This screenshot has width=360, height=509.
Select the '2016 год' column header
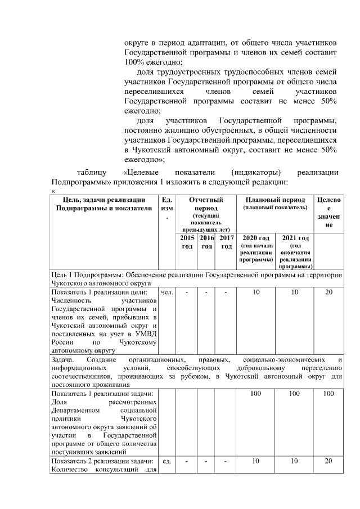pos(206,242)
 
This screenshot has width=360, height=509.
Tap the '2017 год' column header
pos(227,242)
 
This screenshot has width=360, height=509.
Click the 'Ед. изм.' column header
pos(167,208)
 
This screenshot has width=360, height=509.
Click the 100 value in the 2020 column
pos(256,394)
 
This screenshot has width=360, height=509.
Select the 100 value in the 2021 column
pos(295,394)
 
